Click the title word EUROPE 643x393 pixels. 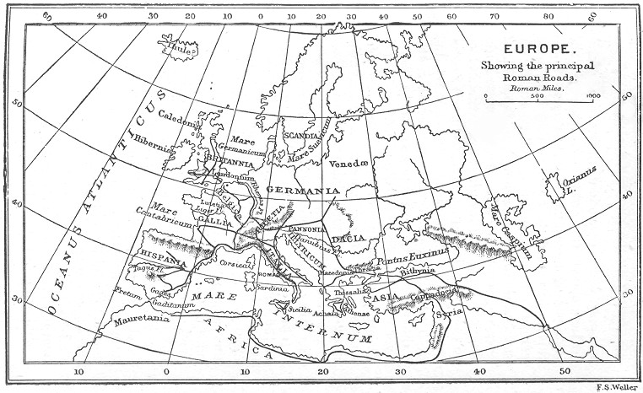click(x=539, y=50)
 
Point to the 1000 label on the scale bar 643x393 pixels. click(x=592, y=96)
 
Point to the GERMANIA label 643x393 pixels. click(x=303, y=191)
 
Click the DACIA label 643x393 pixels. click(x=349, y=239)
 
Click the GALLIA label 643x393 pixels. click(x=214, y=218)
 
